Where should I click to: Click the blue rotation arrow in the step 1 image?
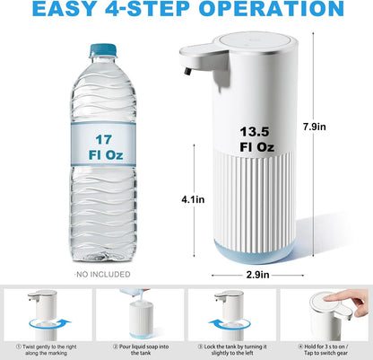point(43,324)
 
